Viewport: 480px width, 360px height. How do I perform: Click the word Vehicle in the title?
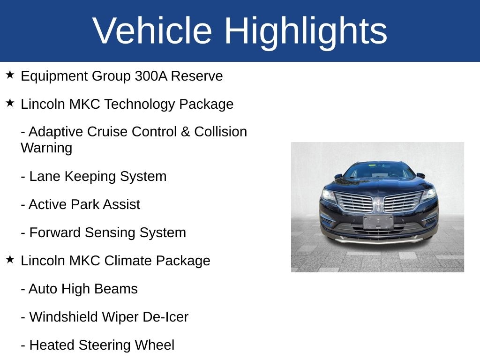coord(152,31)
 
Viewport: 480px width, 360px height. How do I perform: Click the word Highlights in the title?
coord(306,31)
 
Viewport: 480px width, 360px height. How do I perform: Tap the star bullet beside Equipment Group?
coord(10,75)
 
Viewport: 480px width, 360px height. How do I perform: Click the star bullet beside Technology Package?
coord(10,103)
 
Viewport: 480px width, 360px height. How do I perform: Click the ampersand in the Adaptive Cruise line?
coord(185,132)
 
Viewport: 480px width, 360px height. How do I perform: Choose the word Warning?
coord(46,148)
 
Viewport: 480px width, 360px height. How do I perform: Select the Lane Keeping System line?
coord(94,176)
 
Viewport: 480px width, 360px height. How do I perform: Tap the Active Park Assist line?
coord(80,204)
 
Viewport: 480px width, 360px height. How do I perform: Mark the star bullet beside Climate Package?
coord(10,259)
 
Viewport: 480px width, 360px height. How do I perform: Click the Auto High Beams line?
coord(79,289)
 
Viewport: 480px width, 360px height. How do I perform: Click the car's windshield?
coord(379,171)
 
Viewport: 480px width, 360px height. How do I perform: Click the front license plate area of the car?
coord(378,221)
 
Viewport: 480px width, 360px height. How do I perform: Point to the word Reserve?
coord(196,76)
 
